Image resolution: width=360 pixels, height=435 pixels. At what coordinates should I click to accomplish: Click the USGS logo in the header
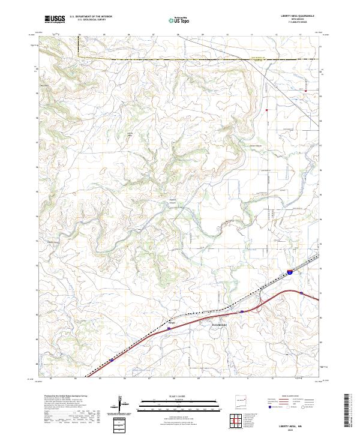coord(55,19)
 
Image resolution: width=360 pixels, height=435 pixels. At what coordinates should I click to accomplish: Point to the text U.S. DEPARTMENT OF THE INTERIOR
coord(91,17)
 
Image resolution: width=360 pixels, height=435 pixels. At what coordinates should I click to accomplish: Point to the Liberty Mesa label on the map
coord(128,135)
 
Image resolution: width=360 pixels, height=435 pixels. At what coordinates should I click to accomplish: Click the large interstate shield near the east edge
coord(290,272)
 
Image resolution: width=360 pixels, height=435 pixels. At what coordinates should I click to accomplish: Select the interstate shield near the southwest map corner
coord(112,361)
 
